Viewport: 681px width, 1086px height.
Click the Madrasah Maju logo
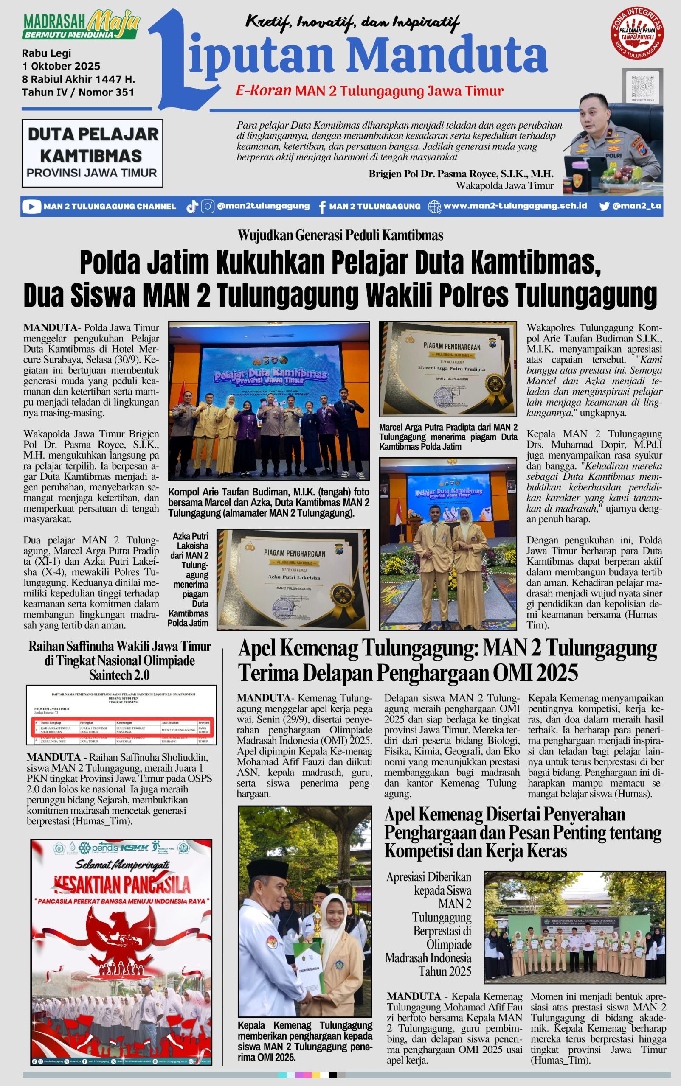click(x=81, y=27)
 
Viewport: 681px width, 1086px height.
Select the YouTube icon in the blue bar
click(x=31, y=207)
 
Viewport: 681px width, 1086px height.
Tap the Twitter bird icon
click(x=605, y=207)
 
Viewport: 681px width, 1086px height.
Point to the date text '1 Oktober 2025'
click(x=61, y=66)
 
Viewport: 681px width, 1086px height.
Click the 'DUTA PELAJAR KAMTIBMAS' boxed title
click(x=92, y=153)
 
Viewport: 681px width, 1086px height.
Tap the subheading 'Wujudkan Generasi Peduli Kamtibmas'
click(x=340, y=235)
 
